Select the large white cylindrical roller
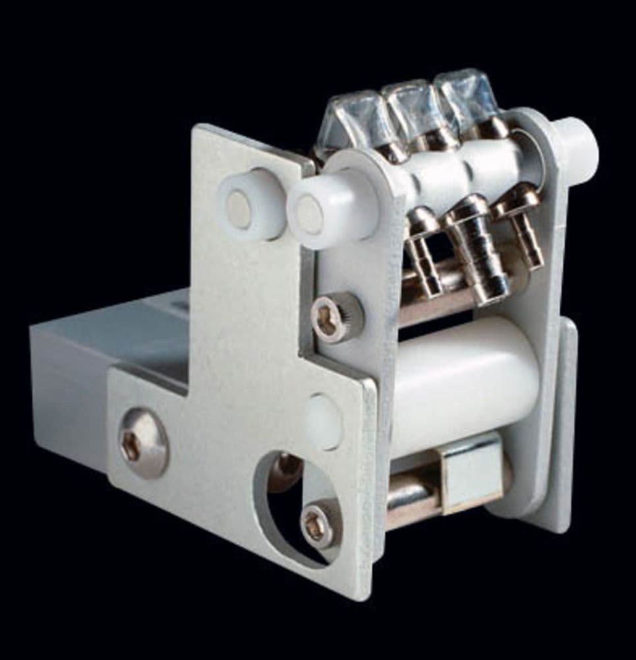coord(461,383)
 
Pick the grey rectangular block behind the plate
coord(99,370)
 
